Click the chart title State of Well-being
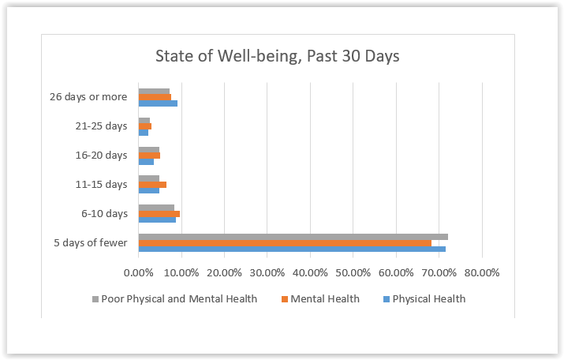click(x=278, y=57)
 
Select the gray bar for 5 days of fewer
click(x=293, y=237)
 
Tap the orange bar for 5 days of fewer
click(x=285, y=243)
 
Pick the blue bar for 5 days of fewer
click(x=292, y=249)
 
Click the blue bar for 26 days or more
click(x=158, y=103)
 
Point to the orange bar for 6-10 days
click(x=159, y=214)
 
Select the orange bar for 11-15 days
click(x=152, y=185)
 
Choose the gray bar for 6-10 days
click(x=156, y=208)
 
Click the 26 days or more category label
click(x=88, y=97)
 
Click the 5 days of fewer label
click(x=90, y=243)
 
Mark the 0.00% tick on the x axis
click(x=139, y=273)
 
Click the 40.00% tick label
click(x=310, y=273)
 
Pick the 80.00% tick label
click(x=481, y=273)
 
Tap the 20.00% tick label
click(x=224, y=273)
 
